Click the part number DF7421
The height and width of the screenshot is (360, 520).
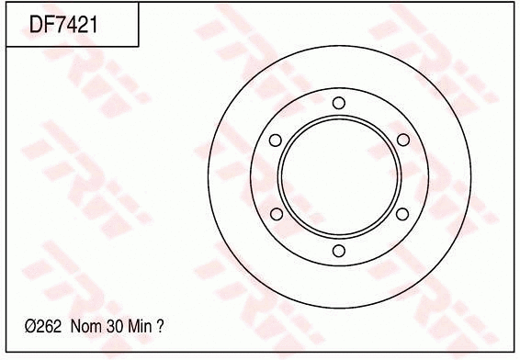pos(63,24)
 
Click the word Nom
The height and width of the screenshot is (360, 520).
pos(84,326)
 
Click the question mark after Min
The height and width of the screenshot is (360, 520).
pos(161,326)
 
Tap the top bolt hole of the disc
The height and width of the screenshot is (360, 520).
pos(338,102)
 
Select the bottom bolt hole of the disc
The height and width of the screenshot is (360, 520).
pos(338,251)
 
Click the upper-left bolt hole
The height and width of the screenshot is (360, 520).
pos(275,140)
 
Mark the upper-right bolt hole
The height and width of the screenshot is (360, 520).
pos(402,140)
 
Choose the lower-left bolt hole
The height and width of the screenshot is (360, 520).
pos(275,214)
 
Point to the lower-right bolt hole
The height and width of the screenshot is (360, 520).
pos(402,214)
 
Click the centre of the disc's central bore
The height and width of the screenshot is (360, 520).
pos(338,176)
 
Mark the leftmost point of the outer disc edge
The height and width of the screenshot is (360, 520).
pos(209,176)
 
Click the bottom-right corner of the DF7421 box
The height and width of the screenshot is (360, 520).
pos(139,46)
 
